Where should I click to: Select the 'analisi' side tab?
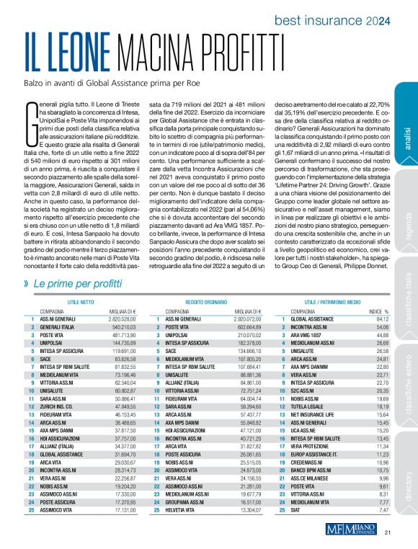coord(407,138)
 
